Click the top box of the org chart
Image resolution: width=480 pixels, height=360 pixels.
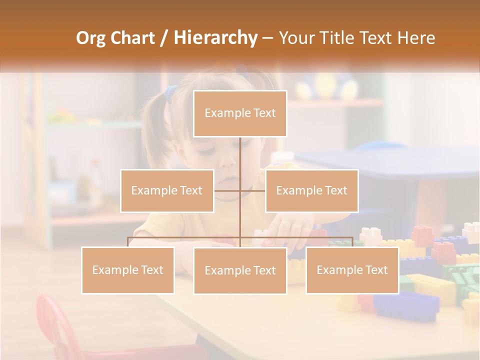coord(240,113)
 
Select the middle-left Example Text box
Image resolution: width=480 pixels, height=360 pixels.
coord(166,190)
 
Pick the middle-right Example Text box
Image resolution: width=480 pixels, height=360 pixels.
coord(311,190)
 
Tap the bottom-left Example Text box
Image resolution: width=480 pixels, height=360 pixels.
coord(127,270)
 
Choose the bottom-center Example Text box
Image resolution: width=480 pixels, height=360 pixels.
coord(240,270)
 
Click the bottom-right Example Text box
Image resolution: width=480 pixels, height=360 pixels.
coord(352,270)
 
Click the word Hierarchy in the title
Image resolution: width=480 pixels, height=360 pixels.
coord(215,37)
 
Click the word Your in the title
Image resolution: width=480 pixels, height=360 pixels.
coord(297,37)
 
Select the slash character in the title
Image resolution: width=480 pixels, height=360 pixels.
coord(163,37)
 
